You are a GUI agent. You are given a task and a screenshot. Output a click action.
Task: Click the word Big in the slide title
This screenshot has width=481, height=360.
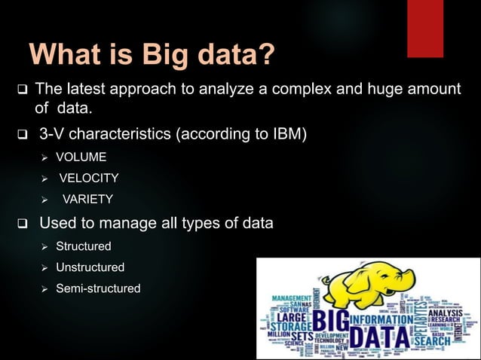tap(158, 55)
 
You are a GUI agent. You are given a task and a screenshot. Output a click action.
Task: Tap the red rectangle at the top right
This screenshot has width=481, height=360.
tap(425, 28)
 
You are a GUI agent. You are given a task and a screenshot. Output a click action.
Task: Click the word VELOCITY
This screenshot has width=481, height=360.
tap(88, 178)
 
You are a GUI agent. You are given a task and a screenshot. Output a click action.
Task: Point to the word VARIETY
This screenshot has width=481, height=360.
tap(87, 200)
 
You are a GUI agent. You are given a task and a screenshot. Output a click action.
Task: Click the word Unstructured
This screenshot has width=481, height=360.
tap(90, 267)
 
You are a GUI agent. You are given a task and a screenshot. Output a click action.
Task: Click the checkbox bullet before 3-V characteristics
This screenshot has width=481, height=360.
tap(22, 136)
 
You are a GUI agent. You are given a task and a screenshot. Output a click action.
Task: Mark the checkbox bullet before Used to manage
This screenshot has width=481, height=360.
tap(22, 224)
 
